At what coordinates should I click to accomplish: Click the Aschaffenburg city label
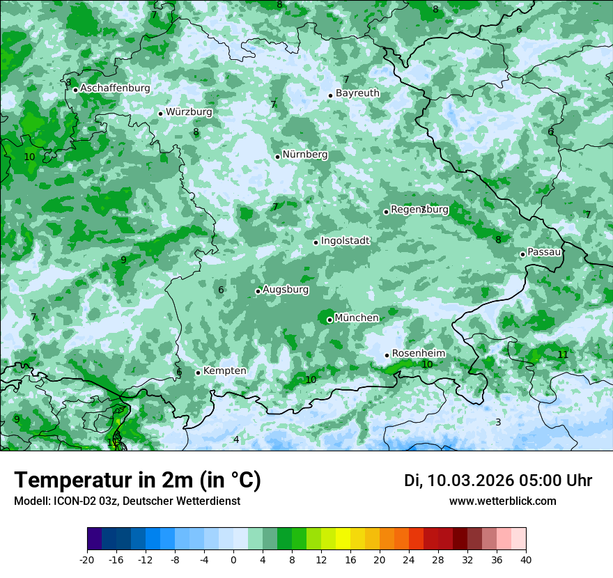pos(115,88)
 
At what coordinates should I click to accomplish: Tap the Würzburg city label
pos(189,112)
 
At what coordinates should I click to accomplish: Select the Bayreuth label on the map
pos(357,93)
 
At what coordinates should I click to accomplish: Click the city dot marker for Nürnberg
pos(277,157)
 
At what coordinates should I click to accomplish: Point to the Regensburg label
pos(419,210)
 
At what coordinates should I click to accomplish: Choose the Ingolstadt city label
pos(345,241)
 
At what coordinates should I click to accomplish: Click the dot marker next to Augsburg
pos(258,291)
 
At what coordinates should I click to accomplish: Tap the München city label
pos(357,318)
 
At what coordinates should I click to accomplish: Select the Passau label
pos(544,252)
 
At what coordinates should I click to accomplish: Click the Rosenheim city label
pos(418,354)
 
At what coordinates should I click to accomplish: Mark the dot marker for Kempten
pos(198,373)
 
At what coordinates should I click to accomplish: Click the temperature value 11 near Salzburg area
pos(563,354)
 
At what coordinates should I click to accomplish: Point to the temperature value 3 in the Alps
pos(498,422)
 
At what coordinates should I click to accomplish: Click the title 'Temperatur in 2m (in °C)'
pos(137,480)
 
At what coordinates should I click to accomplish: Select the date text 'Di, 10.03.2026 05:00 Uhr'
pos(498,481)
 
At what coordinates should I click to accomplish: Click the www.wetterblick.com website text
pos(502,501)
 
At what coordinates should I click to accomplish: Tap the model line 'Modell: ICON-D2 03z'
pos(127,501)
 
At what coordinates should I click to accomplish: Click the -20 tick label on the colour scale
pos(87,560)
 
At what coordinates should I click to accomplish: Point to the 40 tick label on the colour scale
pos(526,560)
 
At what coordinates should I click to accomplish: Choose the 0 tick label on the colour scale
pos(233,560)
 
